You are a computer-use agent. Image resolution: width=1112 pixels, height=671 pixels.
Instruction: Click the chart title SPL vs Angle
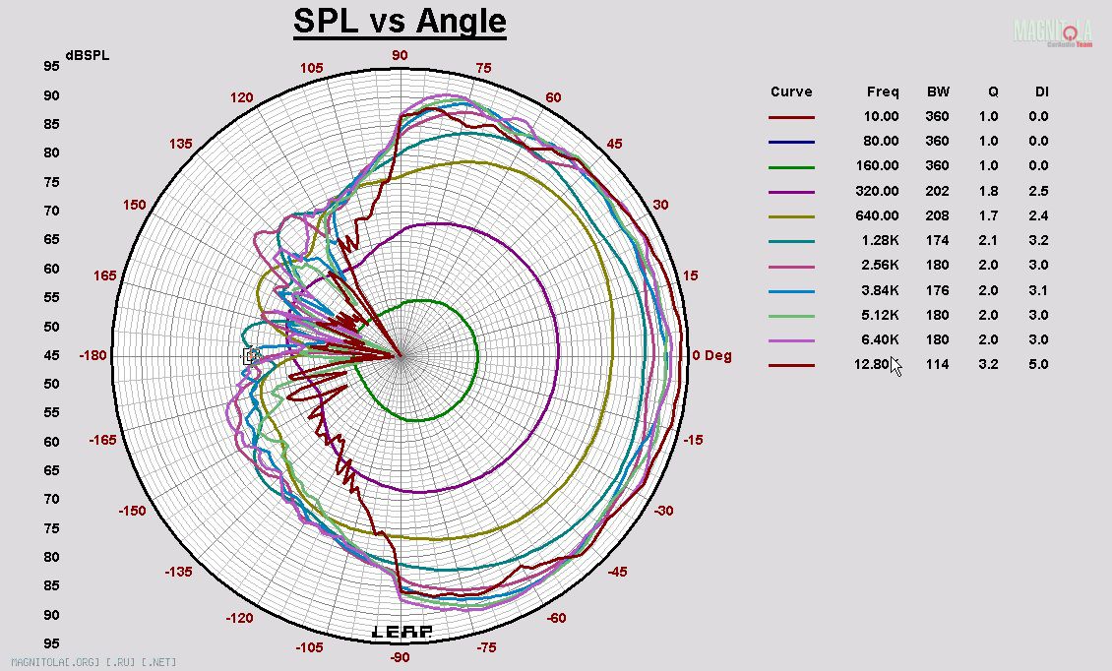(x=400, y=22)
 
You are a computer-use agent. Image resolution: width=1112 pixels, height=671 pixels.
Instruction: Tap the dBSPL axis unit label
(x=87, y=55)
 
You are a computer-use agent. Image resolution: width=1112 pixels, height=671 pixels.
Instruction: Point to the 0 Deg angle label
(x=711, y=355)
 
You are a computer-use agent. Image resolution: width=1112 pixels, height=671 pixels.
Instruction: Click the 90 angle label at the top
(x=400, y=55)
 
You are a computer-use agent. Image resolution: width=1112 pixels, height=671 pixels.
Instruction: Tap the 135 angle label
(x=180, y=144)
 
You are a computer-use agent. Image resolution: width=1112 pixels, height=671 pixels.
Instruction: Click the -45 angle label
(x=617, y=572)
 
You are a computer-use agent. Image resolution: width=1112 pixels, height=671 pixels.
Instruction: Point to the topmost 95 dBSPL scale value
(x=51, y=66)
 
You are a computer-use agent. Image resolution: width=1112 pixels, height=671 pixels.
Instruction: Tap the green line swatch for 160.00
(x=791, y=167)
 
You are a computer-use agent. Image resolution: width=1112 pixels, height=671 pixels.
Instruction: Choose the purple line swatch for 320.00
(x=791, y=192)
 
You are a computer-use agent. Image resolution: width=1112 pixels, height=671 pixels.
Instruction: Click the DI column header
(x=1041, y=91)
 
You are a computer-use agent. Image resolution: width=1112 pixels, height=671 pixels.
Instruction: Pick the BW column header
(x=938, y=91)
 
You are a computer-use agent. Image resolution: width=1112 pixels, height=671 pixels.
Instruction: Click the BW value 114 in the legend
(x=938, y=364)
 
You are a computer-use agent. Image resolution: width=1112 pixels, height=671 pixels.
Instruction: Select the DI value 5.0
(x=1039, y=364)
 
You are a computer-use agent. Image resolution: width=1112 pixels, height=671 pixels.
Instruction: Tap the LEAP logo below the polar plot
(x=401, y=632)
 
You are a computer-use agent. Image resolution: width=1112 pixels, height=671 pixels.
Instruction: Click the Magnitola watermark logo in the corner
(x=1053, y=31)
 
